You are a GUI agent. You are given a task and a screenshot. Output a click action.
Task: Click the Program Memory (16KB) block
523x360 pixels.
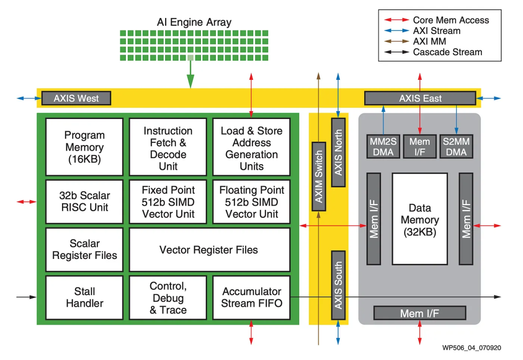84,147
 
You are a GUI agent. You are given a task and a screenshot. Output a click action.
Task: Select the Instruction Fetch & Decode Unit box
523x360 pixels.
168,147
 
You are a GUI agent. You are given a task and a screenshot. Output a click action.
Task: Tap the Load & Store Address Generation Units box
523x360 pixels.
251,147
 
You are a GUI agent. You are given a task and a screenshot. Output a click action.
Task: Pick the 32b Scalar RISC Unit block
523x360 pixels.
84,201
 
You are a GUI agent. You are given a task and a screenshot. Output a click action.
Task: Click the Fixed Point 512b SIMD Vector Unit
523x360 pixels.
168,201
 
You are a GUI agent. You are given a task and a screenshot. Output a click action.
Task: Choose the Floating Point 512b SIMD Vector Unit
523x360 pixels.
251,201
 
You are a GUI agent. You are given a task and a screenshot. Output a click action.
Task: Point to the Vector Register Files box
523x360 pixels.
209,250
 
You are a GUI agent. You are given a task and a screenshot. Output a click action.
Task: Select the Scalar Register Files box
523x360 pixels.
84,250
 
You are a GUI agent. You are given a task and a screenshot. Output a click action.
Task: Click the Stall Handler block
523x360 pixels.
84,297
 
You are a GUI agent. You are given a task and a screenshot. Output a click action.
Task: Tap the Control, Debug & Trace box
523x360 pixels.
168,297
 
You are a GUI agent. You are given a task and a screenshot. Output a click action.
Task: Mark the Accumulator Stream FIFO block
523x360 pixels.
251,297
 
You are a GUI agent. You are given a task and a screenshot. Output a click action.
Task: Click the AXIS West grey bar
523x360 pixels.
76,98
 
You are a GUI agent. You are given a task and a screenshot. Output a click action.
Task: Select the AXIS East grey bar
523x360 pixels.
420,98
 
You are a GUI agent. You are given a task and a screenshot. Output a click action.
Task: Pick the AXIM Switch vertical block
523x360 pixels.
319,177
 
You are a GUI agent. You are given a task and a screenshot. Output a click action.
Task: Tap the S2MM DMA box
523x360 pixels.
456,147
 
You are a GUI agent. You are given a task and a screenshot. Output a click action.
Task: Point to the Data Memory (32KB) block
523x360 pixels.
420,219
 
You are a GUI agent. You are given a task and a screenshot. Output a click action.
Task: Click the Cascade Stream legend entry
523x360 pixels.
447,52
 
